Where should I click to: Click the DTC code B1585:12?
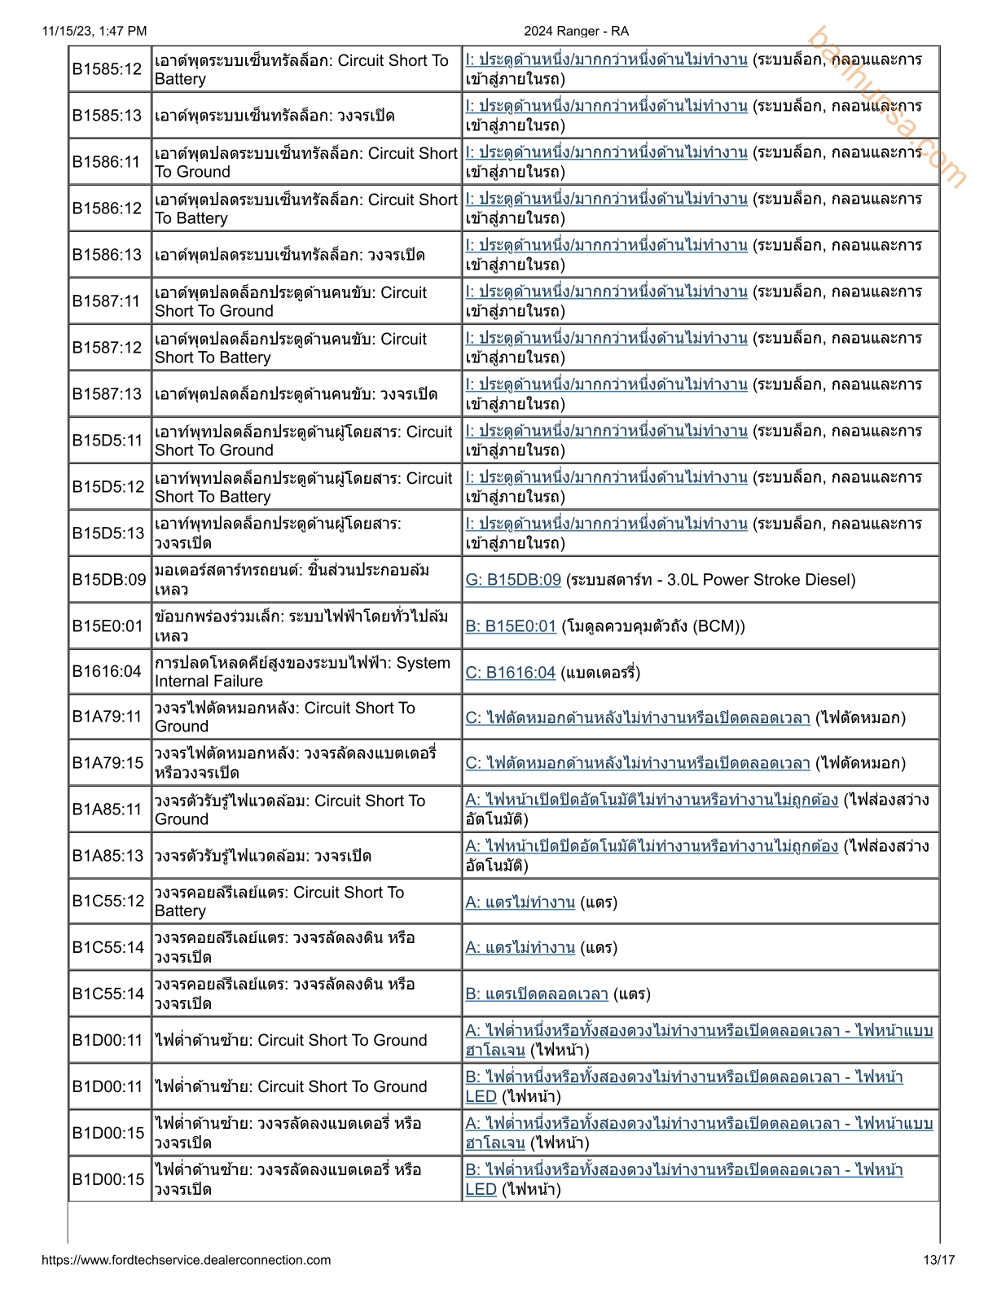tap(107, 69)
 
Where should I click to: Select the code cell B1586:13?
tap(107, 255)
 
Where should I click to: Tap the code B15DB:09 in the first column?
tap(109, 580)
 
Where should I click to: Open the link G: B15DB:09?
tap(513, 580)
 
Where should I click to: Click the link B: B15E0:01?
tap(511, 626)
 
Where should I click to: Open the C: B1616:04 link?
tap(510, 673)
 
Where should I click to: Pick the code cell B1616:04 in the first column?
tap(107, 672)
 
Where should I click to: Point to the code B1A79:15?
tap(107, 763)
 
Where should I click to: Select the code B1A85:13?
tap(107, 856)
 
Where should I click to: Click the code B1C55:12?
tap(108, 902)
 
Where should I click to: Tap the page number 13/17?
tap(938, 1260)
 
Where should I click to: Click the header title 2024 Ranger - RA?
tap(576, 31)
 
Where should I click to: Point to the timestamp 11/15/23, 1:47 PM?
tap(94, 31)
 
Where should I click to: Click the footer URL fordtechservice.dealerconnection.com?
tap(186, 1260)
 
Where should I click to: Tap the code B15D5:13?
tap(108, 533)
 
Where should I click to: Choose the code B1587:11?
tap(107, 301)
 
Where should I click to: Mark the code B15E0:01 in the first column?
tap(108, 626)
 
